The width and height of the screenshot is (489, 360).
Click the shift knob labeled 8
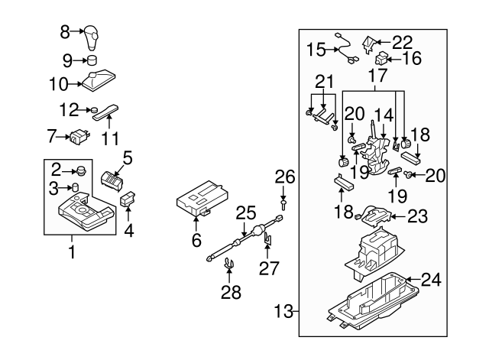[92, 35]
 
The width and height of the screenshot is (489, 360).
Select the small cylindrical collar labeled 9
[92, 60]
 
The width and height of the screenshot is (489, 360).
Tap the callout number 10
[58, 82]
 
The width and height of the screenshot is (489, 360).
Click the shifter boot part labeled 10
[98, 80]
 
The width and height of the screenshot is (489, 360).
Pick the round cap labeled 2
[79, 170]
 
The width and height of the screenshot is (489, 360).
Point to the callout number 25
[242, 212]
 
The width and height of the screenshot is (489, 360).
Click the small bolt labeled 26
[283, 205]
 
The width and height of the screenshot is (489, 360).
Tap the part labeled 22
[371, 43]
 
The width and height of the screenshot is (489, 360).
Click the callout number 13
[283, 311]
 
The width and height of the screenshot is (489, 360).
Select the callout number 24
[431, 281]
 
